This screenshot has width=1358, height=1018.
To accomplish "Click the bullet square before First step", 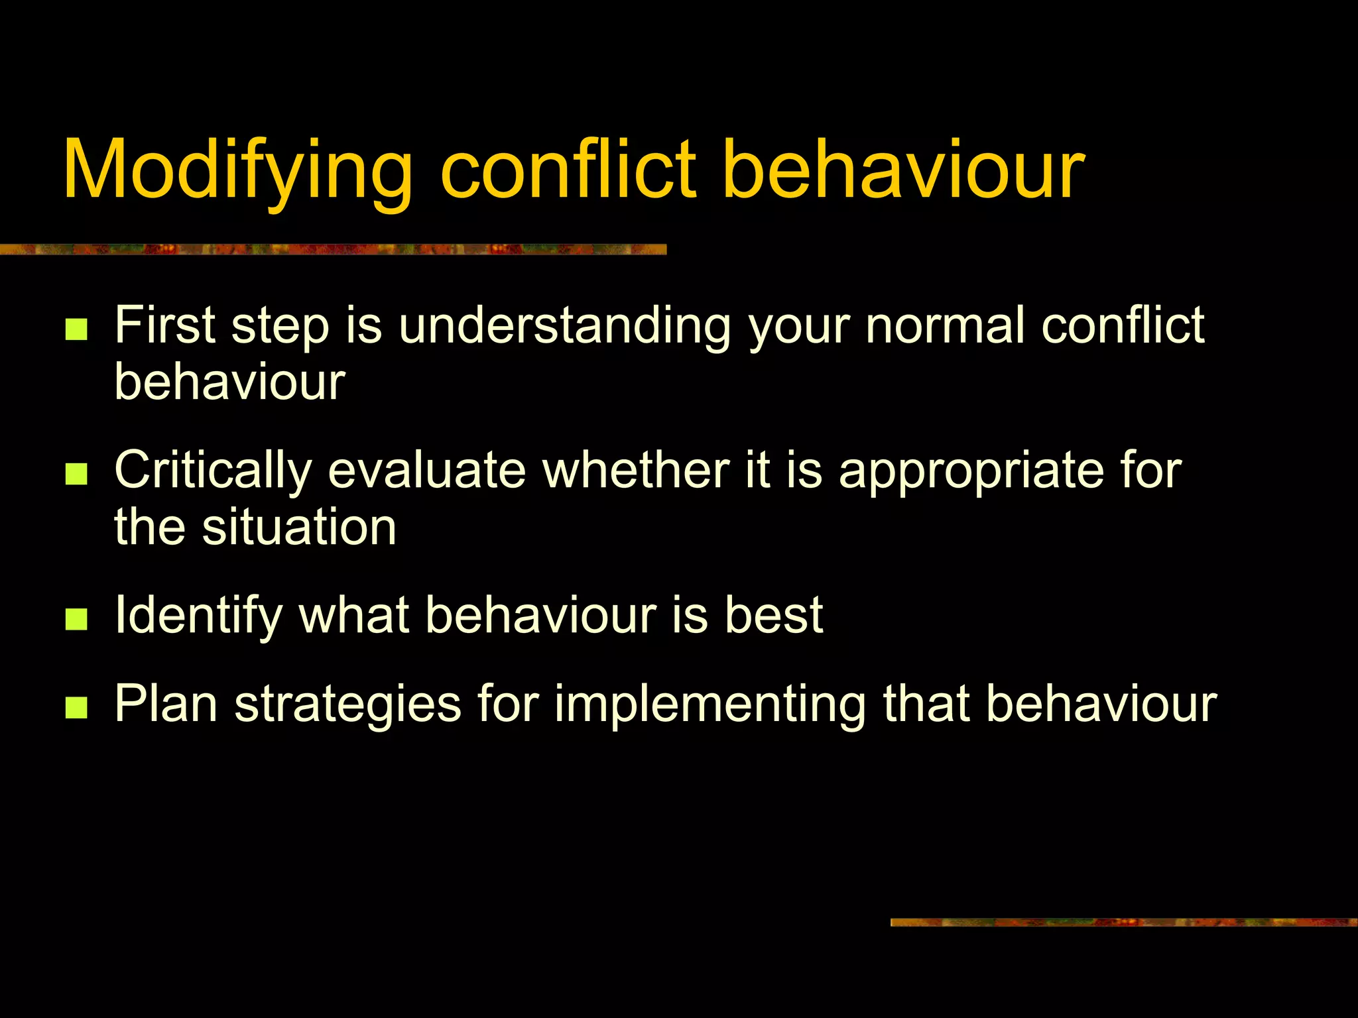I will tap(77, 329).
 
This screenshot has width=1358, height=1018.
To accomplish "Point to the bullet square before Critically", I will tap(77, 475).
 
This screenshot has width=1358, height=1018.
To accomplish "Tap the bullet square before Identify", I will tap(77, 619).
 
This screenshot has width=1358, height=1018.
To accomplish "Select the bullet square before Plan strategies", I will tap(77, 707).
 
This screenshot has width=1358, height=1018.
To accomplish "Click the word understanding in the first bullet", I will tap(564, 326).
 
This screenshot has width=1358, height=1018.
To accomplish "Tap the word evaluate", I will tap(427, 471).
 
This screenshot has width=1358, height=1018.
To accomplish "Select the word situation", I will tap(299, 528).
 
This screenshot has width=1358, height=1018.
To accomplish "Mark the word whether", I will tap(637, 471).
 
